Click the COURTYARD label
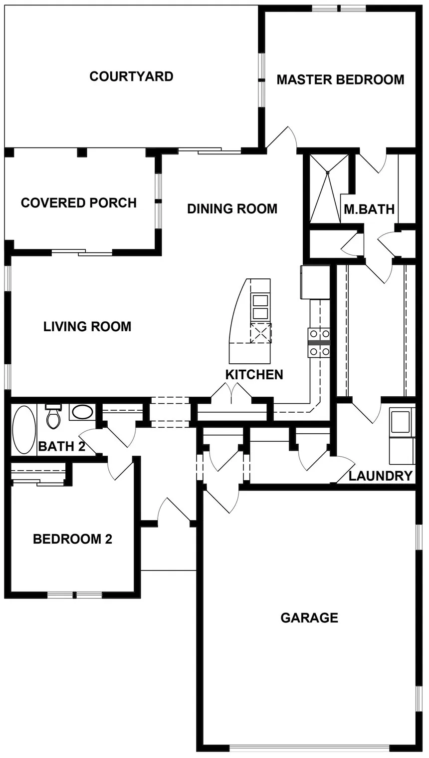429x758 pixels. (131, 76)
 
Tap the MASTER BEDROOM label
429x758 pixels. (341, 80)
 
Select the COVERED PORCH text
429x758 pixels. (79, 203)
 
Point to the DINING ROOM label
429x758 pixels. (232, 209)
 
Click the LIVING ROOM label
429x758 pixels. (87, 327)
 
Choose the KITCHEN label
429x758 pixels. (254, 375)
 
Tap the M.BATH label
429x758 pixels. (369, 209)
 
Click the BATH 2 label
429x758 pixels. (62, 446)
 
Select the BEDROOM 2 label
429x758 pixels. (73, 539)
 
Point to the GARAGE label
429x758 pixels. (309, 618)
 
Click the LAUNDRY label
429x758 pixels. (381, 476)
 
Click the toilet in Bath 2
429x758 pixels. (53, 416)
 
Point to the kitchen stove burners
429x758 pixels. (319, 343)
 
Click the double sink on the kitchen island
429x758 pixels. (260, 307)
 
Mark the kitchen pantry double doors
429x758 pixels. (232, 394)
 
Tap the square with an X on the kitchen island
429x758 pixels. (261, 333)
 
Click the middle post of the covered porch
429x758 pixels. (82, 152)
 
